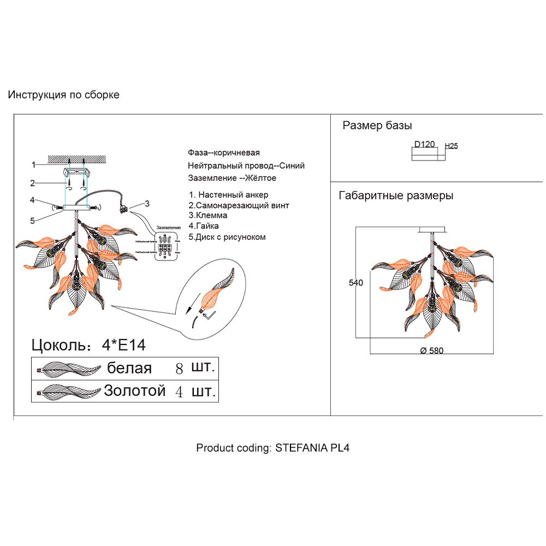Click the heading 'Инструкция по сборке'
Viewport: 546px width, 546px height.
[x=63, y=95]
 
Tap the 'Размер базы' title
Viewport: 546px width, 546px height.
[x=377, y=126]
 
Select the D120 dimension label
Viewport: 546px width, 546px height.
[x=424, y=145]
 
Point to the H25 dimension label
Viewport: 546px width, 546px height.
[x=452, y=146]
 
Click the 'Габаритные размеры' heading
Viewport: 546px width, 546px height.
[x=396, y=195]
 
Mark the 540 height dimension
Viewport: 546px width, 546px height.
[x=357, y=283]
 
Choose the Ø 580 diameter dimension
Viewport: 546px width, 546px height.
[x=431, y=351]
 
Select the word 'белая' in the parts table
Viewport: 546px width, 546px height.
[x=129, y=368]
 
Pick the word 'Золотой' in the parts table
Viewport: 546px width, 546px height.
[x=134, y=391]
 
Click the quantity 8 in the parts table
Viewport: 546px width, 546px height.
[x=179, y=369]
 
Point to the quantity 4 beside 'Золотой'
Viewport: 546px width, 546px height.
[x=179, y=391]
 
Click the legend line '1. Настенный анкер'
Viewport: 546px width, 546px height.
[x=228, y=195]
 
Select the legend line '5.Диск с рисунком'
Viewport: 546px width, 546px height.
[x=227, y=237]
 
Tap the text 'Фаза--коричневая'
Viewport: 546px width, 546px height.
[x=223, y=153]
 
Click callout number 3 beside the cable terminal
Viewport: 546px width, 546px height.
[x=147, y=204]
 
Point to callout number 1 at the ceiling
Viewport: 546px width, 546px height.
[x=33, y=164]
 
